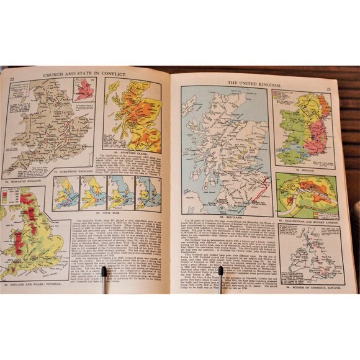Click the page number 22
pos(13,78)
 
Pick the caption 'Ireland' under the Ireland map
pos(302,169)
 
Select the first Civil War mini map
pos(67,193)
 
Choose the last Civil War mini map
pos(148,193)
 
